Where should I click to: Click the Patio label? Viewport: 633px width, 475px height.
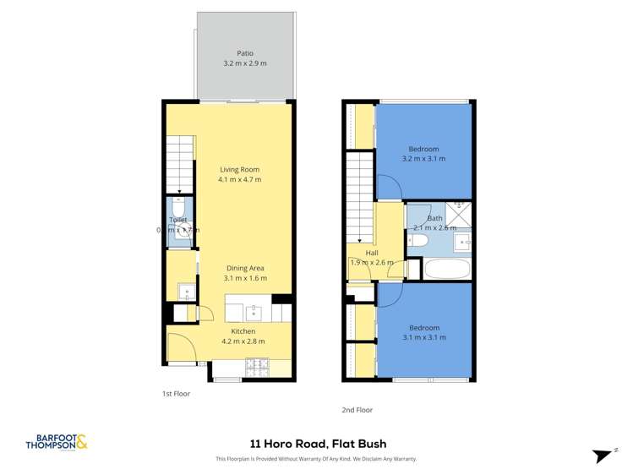pos(244,53)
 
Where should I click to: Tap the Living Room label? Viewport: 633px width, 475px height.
pos(239,169)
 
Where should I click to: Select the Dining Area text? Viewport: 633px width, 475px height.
pos(245,268)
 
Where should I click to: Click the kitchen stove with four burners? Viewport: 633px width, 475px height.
pos(257,367)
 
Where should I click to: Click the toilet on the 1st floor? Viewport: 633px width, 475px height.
pos(177,208)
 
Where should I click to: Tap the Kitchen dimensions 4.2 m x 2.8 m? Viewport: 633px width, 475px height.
pos(243,341)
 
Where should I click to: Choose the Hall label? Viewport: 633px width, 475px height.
pos(372,253)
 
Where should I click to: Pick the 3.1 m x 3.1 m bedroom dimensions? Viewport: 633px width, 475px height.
pos(424,337)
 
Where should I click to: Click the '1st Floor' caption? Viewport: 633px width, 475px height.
pos(176,394)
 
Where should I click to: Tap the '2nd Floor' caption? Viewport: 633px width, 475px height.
pos(357,410)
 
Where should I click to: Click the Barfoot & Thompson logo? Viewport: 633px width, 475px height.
pos(57,442)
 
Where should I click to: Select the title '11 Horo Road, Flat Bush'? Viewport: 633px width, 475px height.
pos(317,443)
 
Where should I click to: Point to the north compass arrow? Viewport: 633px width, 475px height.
pos(603,455)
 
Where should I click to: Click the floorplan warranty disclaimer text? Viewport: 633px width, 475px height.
pos(316,459)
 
